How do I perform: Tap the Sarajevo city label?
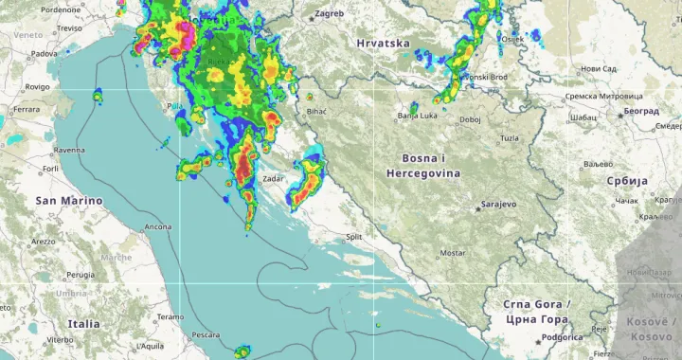[498, 204]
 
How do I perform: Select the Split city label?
[353, 237]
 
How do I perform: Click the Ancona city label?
[157, 227]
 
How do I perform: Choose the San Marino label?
[62, 201]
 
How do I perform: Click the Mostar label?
[453, 254]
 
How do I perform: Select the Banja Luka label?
[416, 116]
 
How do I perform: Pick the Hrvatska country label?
[383, 44]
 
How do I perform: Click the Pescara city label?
[205, 335]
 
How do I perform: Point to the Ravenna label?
[69, 150]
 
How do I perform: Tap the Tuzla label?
[510, 138]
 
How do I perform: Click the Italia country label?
[83, 324]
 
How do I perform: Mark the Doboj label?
[470, 119]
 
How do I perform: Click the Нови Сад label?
[598, 68]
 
